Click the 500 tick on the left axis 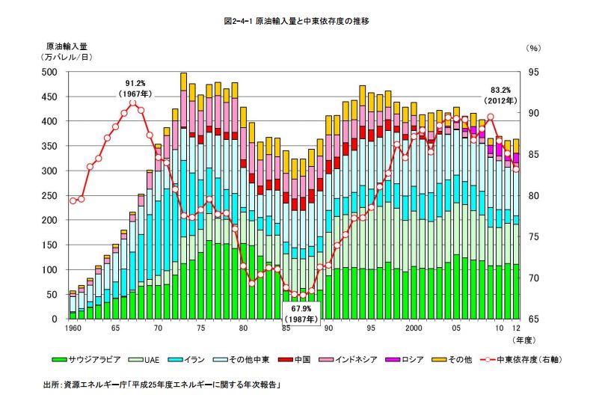pyautogui.click(x=49, y=72)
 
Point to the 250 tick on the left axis pyautogui.click(x=49, y=196)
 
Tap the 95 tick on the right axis pyautogui.click(x=535, y=72)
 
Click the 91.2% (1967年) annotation pyautogui.click(x=135, y=88)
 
